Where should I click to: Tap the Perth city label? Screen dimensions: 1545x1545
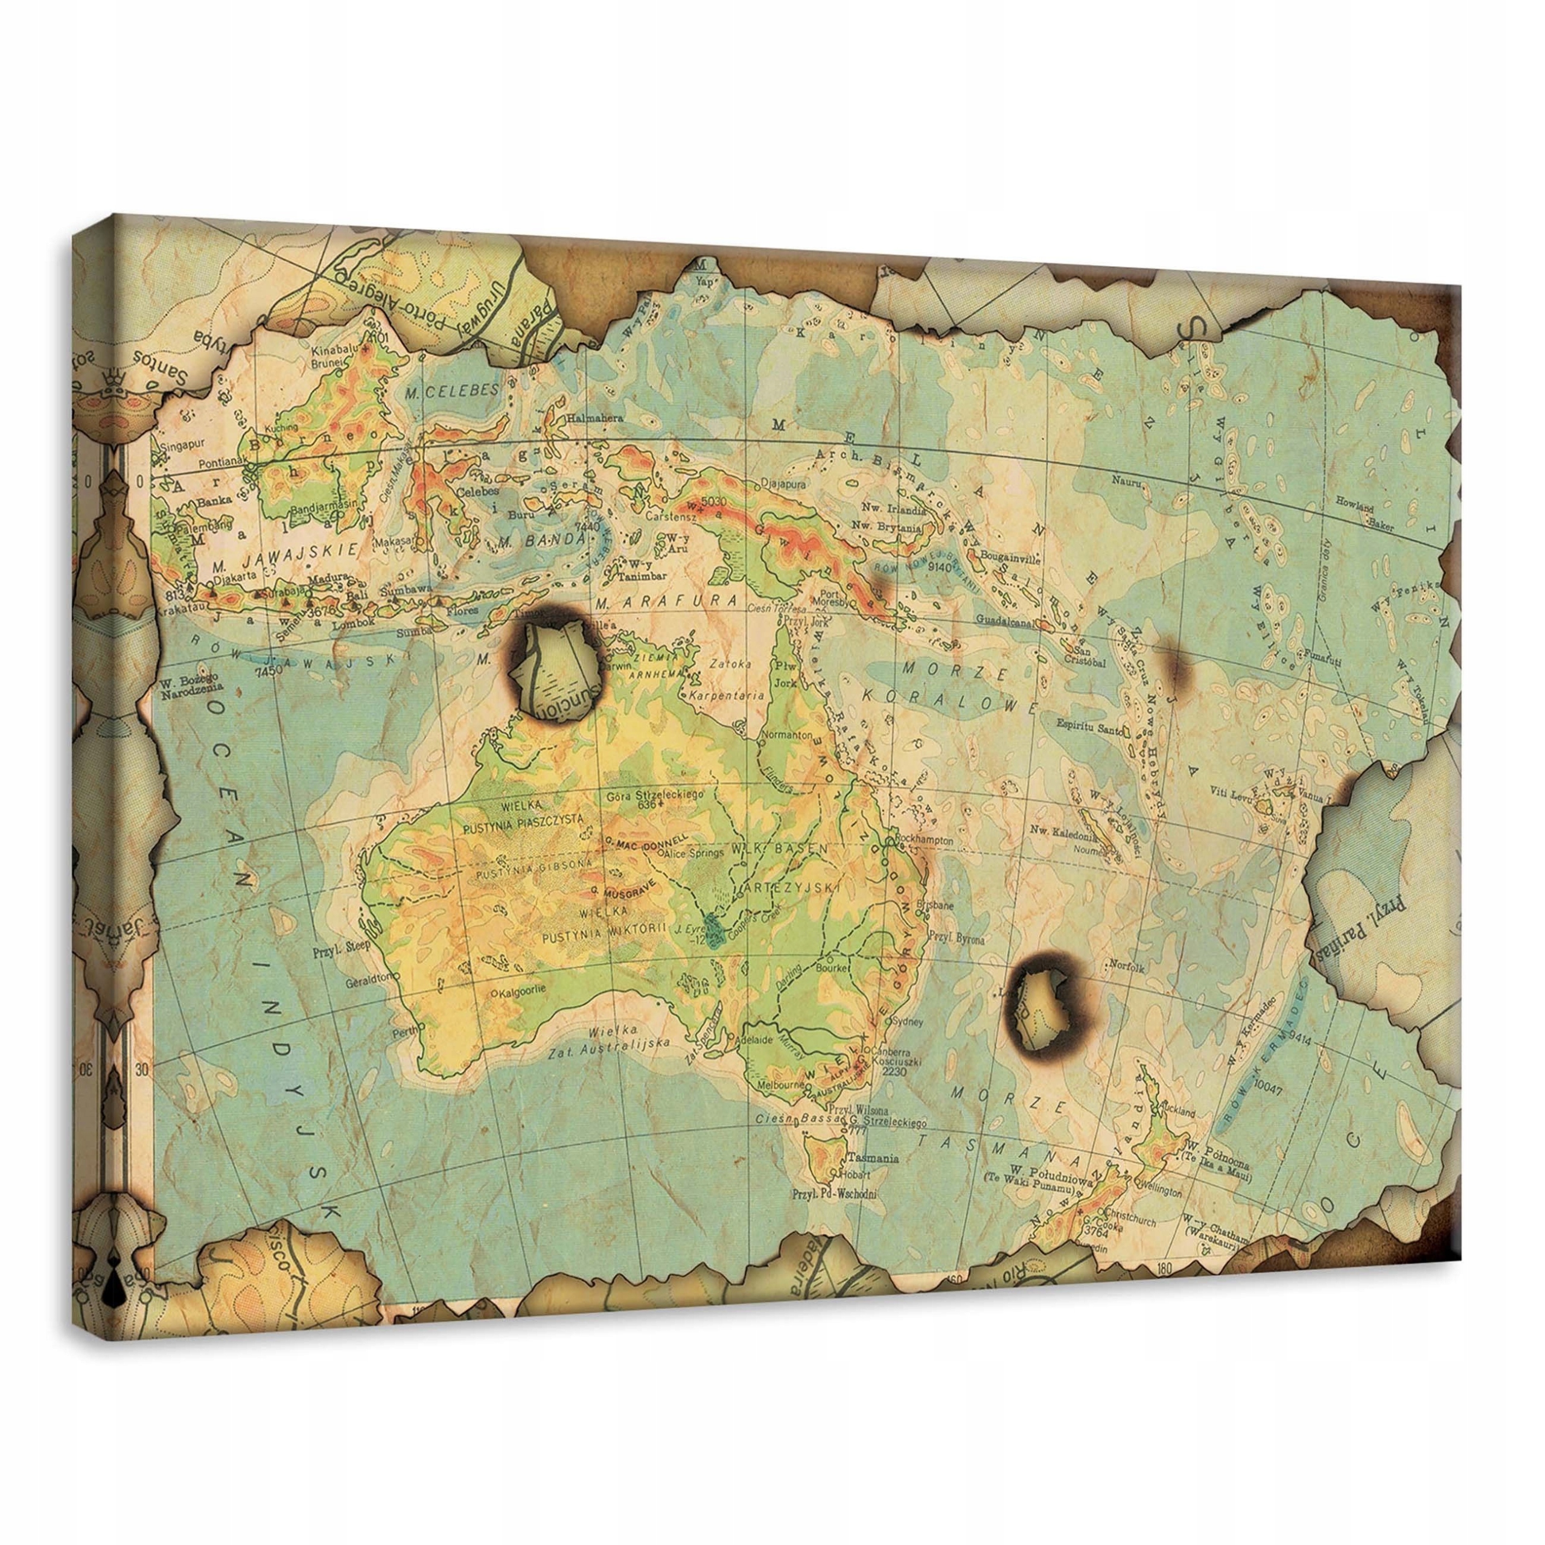[404, 1033]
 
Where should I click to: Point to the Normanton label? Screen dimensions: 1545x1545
[789, 733]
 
